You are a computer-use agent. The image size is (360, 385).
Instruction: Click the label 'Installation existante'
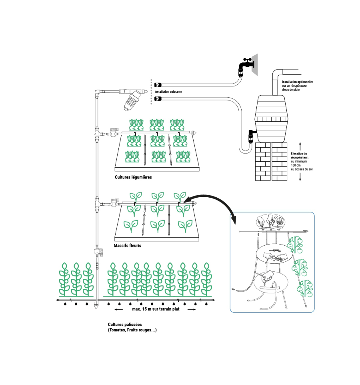pos(168,92)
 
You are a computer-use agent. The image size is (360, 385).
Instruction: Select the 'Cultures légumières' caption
pos(133,177)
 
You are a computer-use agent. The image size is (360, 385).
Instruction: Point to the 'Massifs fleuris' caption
pos(127,245)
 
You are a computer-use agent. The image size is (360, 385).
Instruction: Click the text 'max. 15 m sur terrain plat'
pos(156,309)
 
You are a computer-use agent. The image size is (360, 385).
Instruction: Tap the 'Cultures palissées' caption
pos(125,324)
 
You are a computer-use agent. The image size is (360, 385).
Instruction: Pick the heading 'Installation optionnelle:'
pos(297,82)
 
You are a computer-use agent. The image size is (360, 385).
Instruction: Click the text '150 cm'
pos(296,165)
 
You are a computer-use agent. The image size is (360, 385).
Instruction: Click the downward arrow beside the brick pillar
pos(300,177)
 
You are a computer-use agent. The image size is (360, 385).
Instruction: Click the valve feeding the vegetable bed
pos(114,132)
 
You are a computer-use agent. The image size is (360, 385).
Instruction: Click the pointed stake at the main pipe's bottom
pos(96,306)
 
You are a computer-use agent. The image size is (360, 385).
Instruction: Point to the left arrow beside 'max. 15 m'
pos(118,309)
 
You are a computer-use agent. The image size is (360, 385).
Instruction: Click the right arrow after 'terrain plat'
pos(192,309)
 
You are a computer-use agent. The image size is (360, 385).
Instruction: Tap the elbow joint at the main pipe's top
pos(98,93)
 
